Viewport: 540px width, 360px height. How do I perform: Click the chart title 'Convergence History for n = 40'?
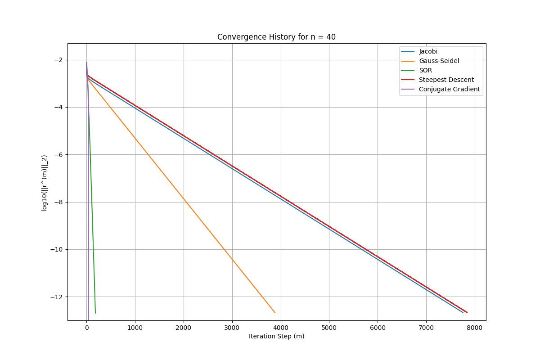tap(276, 37)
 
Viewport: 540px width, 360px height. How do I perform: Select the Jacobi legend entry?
tap(428, 52)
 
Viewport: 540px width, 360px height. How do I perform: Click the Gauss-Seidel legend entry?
tap(439, 61)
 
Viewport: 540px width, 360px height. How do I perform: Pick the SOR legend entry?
tap(425, 71)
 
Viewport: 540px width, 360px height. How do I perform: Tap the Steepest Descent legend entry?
tap(446, 80)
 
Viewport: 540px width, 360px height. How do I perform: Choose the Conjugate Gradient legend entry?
tap(449, 90)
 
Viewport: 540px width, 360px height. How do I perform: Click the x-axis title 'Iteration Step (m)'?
tap(276, 337)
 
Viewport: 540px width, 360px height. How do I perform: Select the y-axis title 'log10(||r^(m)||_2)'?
tap(45, 183)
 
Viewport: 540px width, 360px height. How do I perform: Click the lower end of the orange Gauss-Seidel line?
tap(274, 312)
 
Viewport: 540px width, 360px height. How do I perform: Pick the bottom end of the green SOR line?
tap(95, 313)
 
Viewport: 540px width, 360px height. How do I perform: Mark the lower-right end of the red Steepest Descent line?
tap(467, 312)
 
